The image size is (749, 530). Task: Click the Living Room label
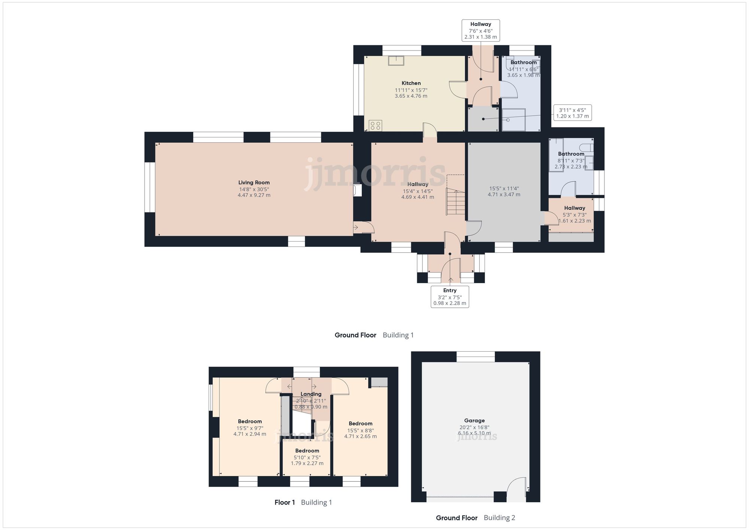click(x=254, y=183)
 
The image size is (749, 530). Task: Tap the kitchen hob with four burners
click(x=375, y=125)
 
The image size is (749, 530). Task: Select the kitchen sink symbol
click(x=395, y=60)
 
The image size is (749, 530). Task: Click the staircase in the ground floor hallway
click(x=455, y=202)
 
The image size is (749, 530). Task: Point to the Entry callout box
click(x=450, y=297)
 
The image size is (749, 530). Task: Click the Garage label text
click(x=474, y=421)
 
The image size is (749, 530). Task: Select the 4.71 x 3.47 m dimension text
click(x=504, y=194)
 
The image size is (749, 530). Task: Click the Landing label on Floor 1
click(x=311, y=394)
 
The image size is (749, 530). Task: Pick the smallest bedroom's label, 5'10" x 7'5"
click(x=307, y=457)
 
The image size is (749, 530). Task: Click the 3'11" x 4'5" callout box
click(x=572, y=113)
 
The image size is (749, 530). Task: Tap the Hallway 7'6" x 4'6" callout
click(x=480, y=30)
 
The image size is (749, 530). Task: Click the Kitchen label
click(x=411, y=83)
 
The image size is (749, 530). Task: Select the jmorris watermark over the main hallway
click(x=374, y=174)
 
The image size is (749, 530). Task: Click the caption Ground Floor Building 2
click(x=475, y=518)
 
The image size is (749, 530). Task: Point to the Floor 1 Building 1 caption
click(x=303, y=502)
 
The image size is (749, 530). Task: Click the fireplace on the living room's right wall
click(x=357, y=190)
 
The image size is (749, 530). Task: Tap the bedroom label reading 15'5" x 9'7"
click(x=250, y=428)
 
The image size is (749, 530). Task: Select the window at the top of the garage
click(x=476, y=357)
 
